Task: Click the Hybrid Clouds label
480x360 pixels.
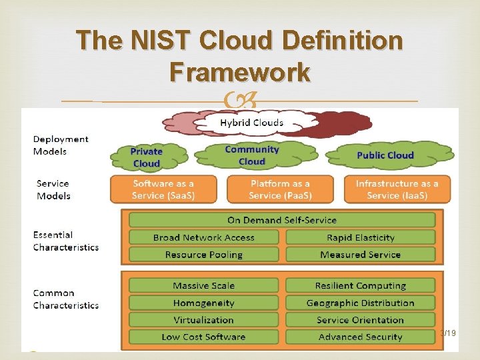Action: click(252, 123)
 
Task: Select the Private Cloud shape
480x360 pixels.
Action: click(146, 157)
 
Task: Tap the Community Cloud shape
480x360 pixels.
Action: click(251, 155)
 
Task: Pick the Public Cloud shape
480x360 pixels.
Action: click(385, 155)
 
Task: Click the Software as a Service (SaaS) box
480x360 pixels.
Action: click(163, 189)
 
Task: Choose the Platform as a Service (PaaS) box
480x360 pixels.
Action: click(280, 189)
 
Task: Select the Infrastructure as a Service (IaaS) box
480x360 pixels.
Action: click(397, 189)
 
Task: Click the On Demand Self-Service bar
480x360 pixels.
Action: click(281, 220)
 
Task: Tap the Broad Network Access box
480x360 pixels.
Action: click(203, 237)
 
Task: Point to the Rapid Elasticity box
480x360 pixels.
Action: click(360, 237)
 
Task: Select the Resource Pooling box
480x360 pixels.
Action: click(203, 255)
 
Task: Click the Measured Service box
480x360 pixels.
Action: click(360, 255)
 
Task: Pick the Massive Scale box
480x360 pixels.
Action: click(203, 285)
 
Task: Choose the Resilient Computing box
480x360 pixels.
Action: click(360, 285)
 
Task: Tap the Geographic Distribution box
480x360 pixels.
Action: click(360, 303)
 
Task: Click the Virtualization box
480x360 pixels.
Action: click(203, 320)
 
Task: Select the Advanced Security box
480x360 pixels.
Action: click(360, 337)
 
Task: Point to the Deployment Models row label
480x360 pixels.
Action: click(61, 145)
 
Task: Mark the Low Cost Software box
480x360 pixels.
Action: click(203, 337)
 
